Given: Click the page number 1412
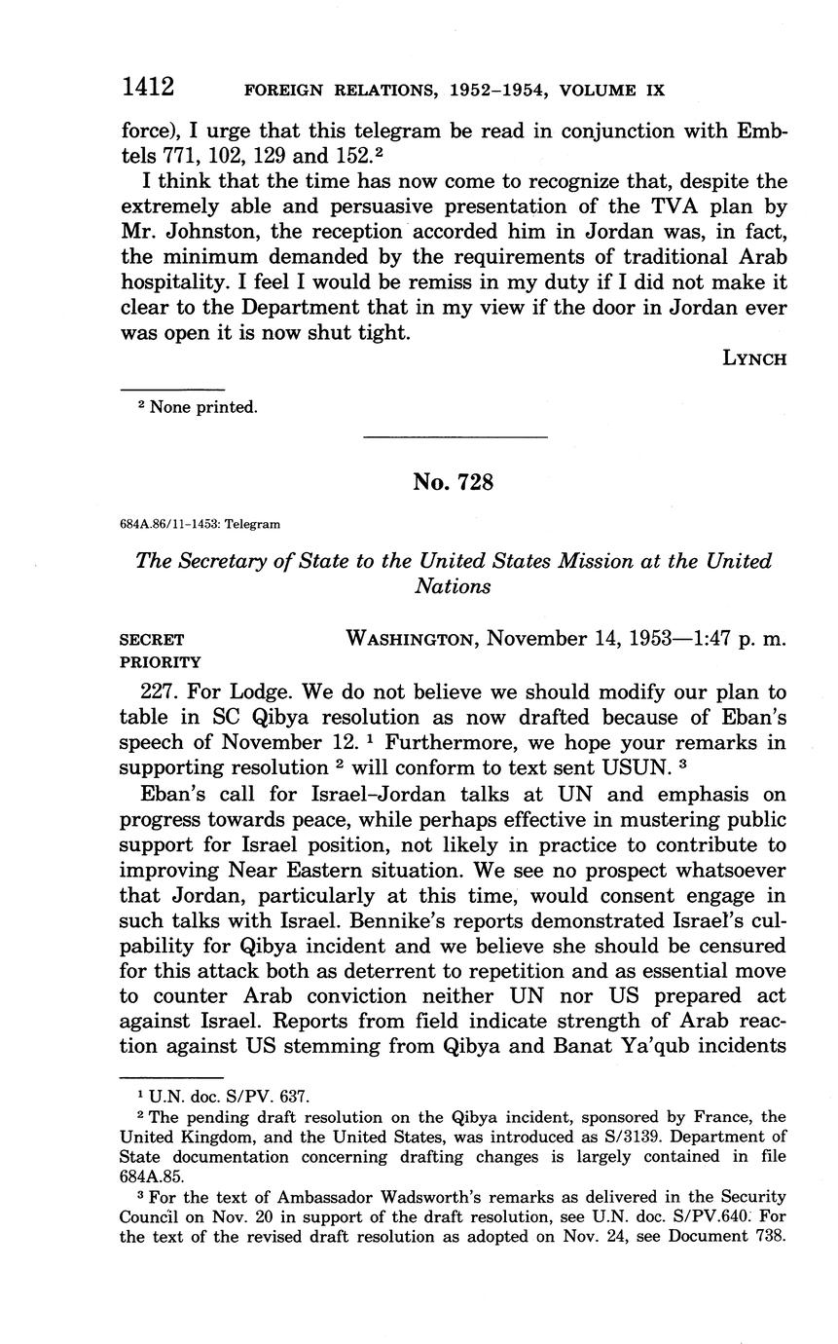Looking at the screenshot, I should pos(147,88).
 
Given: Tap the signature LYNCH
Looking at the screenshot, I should pos(754,358).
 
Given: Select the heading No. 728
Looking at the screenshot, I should pos(453,481).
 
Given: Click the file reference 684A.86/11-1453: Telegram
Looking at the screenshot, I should pos(200,524).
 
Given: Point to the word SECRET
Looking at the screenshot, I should pos(151,640).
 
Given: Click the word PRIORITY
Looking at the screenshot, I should pos(160,662).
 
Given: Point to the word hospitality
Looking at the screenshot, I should pos(176,282).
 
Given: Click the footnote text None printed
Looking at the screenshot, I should pos(203,407).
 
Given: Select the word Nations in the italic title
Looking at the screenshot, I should pos(453,586).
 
